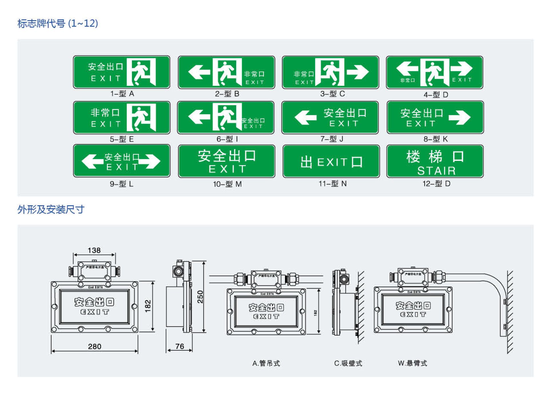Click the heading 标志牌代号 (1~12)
click(58, 23)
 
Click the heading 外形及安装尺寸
click(51, 210)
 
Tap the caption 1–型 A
click(122, 94)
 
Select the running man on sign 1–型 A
click(141, 72)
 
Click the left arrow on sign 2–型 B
click(199, 72)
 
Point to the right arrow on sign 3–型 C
click(358, 72)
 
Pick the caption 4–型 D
click(436, 94)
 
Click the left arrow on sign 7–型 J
click(305, 117)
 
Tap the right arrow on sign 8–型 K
click(460, 117)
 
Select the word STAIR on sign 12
click(436, 171)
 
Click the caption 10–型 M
click(227, 184)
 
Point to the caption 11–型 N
click(333, 184)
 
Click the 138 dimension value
click(94, 250)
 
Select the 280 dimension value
click(95, 346)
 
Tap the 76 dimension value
click(180, 346)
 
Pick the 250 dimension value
click(200, 297)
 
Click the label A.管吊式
click(266, 363)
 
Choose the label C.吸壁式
click(348, 363)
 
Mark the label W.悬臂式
click(412, 363)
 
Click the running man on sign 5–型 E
click(141, 118)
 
